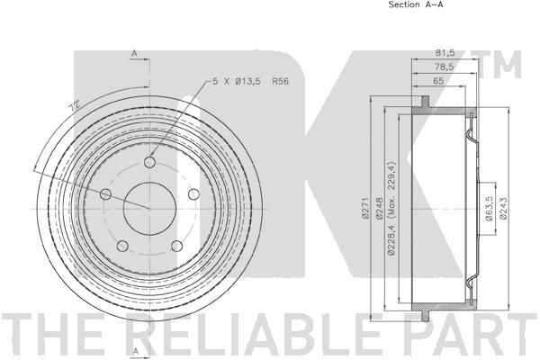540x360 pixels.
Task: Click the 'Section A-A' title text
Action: tap(416, 4)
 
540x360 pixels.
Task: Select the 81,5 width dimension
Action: tap(445, 53)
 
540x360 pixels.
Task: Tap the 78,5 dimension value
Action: tap(445, 67)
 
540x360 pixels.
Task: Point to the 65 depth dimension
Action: tap(438, 81)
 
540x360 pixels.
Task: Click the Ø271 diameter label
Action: tap(364, 208)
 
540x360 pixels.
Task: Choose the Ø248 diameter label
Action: tap(379, 208)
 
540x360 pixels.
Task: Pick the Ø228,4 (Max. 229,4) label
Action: tap(391, 209)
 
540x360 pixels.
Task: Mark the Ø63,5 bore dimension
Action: tap(488, 208)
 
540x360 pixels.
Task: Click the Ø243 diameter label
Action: tap(503, 208)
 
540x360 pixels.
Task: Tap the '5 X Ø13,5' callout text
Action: tap(237, 82)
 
